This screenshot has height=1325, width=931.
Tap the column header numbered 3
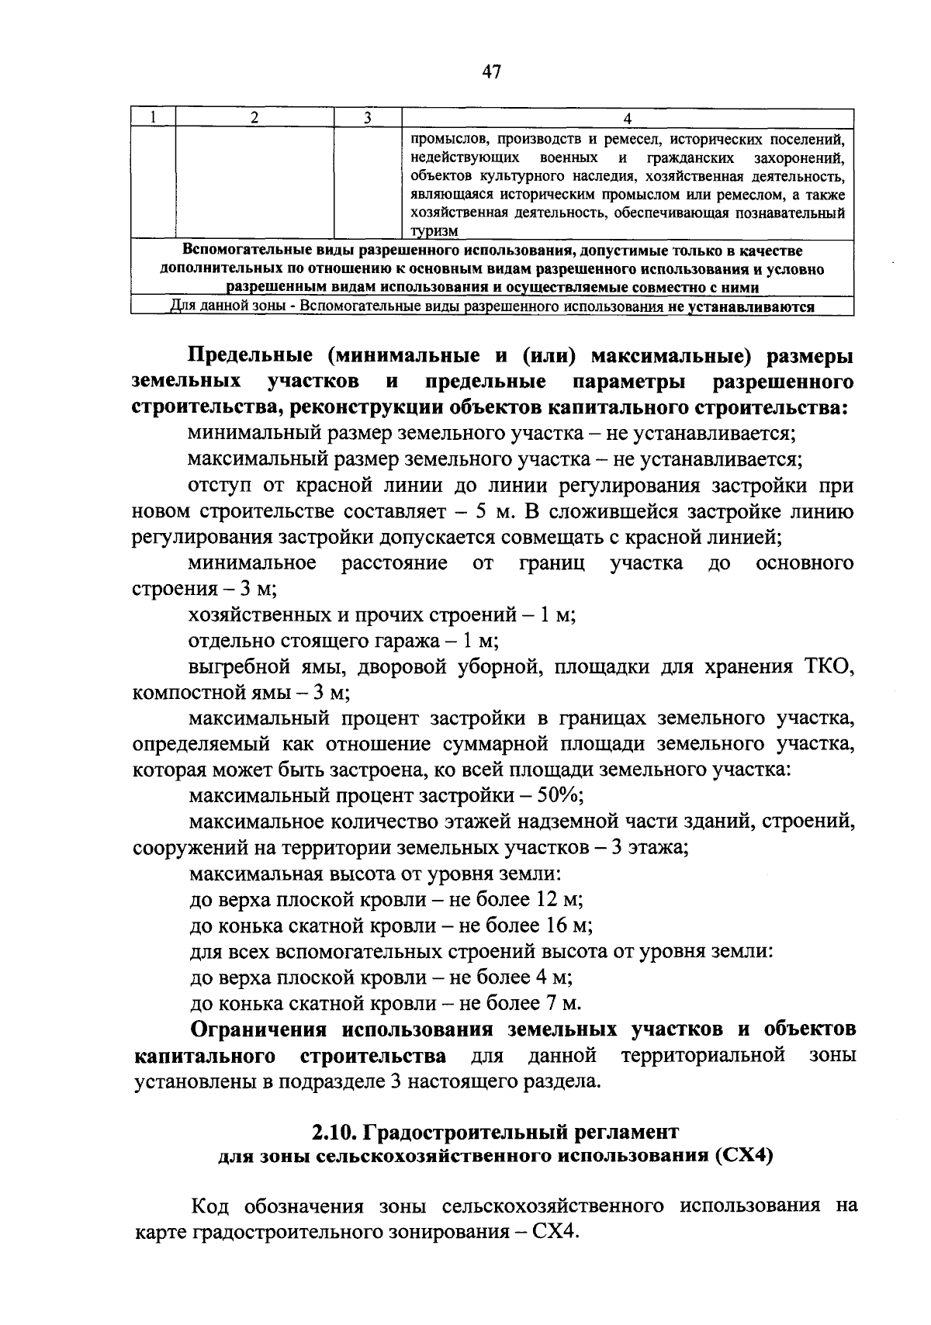pos(368,117)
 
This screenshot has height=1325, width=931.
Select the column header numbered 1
pos(154,117)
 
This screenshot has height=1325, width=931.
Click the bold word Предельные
pos(250,355)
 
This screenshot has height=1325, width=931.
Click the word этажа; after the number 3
pos(659,847)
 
